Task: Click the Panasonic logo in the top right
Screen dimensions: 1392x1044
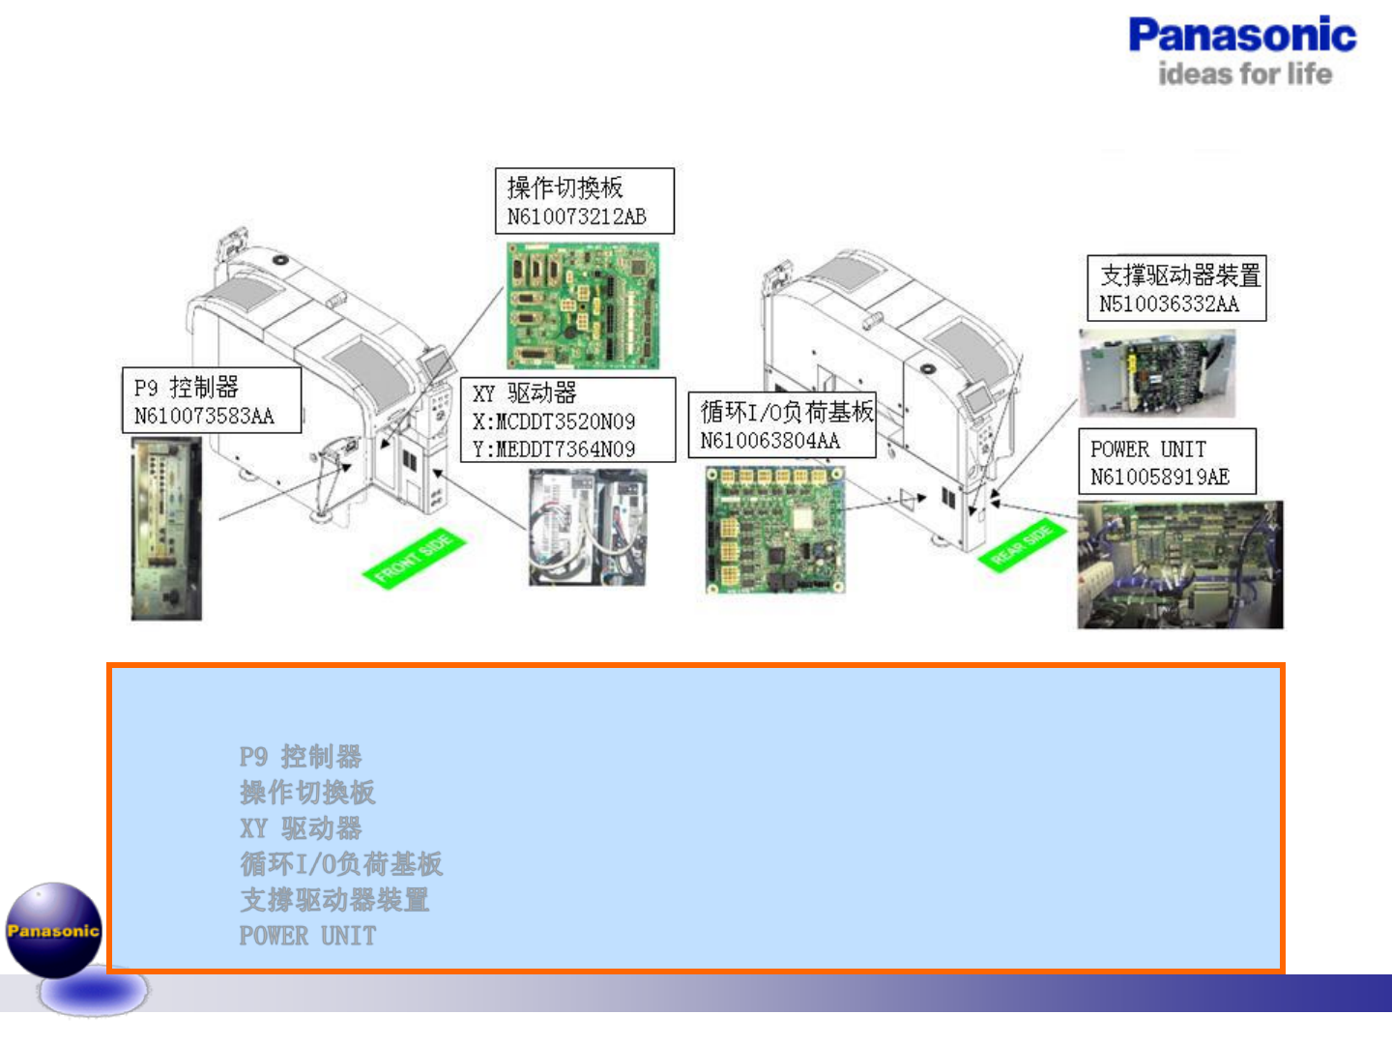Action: point(1242,36)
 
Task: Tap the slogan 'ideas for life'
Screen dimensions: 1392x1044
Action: point(1245,74)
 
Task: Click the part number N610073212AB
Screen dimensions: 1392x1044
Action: point(577,217)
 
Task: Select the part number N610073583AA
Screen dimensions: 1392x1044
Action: point(204,416)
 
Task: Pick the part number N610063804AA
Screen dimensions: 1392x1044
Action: point(770,441)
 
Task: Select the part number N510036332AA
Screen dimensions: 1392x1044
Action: point(1169,304)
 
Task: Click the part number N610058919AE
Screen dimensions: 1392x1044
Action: point(1160,477)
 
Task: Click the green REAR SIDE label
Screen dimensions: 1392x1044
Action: point(1021,543)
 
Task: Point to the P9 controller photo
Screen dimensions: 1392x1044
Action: point(166,528)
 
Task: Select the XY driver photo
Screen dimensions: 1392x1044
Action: point(588,528)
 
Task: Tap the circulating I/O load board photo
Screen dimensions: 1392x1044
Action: point(774,530)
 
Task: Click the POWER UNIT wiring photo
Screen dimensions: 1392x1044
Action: point(1180,565)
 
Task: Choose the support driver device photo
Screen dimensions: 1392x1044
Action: point(1156,373)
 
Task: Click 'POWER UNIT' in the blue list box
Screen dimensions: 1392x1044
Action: point(307,936)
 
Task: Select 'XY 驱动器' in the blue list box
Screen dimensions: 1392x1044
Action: point(301,828)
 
